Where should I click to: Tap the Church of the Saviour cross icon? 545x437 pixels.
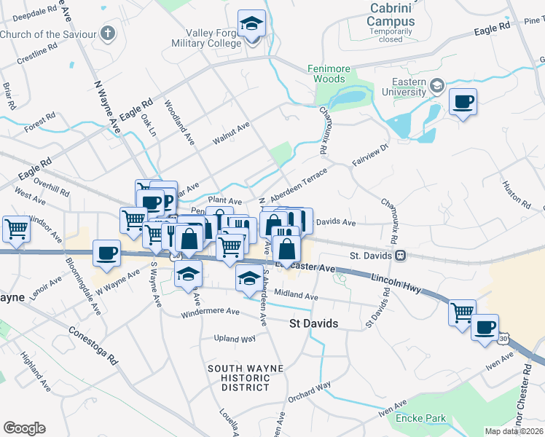pos(108,34)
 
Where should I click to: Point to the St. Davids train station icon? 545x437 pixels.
pos(400,256)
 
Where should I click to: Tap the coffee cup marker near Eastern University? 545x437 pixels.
pos(463,101)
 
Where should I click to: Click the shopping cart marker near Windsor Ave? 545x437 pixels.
pos(16,229)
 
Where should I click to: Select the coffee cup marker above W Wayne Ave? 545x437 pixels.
pos(106,253)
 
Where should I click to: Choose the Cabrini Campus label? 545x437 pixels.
pos(392,15)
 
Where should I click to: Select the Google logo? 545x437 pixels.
pos(24,428)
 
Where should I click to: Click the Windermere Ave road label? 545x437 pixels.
pos(211,312)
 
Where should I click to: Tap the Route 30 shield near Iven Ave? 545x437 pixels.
pos(503,339)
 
